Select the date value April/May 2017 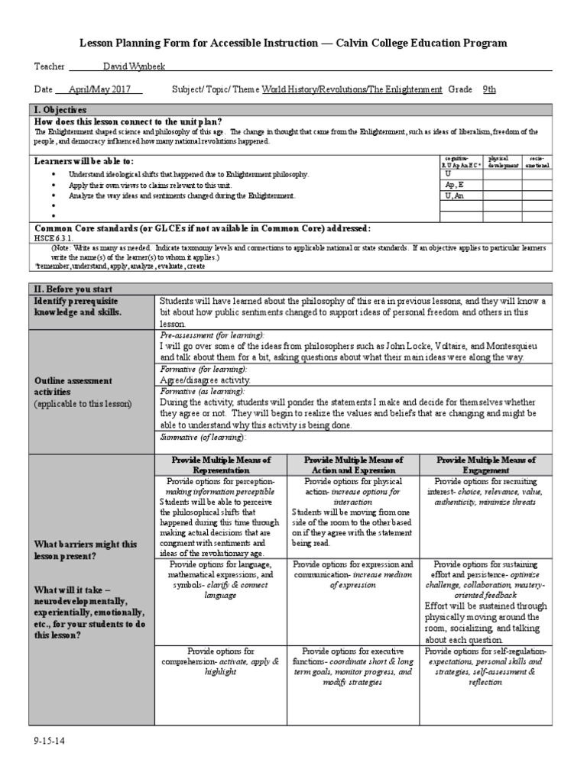pos(99,89)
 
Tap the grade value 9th pos(489,89)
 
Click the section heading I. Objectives pos(60,111)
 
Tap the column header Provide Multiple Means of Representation pos(220,466)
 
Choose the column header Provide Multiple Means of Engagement pos(485,466)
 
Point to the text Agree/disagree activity pos(204,379)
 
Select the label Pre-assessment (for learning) pos(212,335)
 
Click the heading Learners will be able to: pos(84,161)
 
